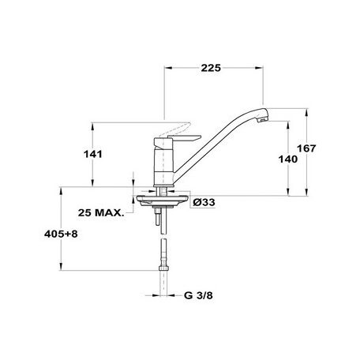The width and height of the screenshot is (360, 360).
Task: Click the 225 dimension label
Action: tap(211, 68)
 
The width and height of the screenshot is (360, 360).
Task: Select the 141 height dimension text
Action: tap(93, 154)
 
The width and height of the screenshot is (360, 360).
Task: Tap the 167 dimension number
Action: tap(306, 148)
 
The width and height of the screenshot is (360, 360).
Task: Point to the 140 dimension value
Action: tap(288, 159)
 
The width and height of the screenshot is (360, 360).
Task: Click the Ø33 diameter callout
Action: tap(204, 202)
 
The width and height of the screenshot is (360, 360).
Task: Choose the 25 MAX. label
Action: tap(101, 212)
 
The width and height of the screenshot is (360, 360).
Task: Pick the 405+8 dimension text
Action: tap(61, 234)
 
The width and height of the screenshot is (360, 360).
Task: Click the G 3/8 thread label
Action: tap(198, 295)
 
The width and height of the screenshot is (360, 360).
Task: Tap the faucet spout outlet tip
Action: tap(263, 120)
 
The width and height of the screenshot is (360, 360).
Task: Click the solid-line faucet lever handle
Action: tap(184, 138)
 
